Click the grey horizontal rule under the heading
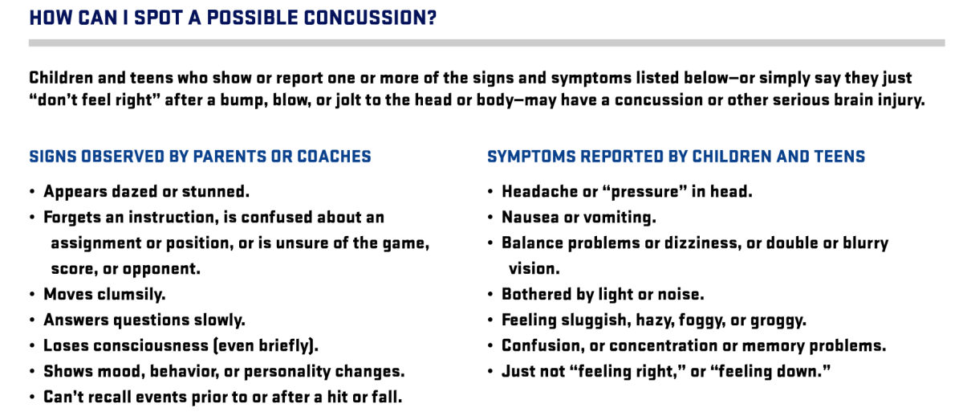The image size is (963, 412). point(486,43)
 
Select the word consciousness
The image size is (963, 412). point(151,346)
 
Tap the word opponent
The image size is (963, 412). point(161,270)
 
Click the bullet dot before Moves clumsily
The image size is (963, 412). point(32,295)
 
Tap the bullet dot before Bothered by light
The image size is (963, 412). point(490,295)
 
